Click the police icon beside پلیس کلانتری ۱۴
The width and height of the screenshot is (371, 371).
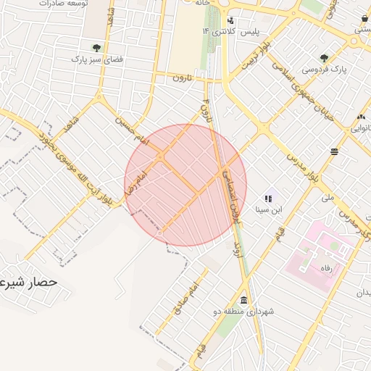pos(230,20)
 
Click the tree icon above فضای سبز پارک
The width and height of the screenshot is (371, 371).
pos(96,48)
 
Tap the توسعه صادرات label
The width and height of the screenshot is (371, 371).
pos(50,4)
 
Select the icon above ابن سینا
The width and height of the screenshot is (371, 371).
pos(268,198)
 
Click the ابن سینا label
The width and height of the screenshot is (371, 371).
pos(266,210)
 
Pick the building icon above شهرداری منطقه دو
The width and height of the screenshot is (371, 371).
pos(243,300)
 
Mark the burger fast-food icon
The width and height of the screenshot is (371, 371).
pos(334,151)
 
